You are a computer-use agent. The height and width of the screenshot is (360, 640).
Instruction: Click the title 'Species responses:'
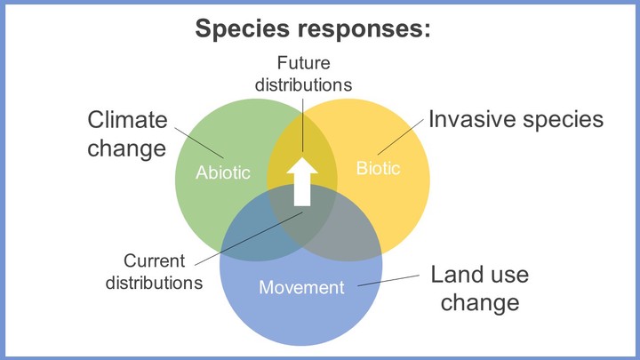(313, 29)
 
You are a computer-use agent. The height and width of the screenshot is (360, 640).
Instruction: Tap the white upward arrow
(302, 181)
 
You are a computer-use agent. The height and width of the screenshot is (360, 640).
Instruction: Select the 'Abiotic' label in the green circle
(223, 172)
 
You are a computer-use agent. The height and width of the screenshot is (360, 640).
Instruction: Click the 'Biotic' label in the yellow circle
(378, 168)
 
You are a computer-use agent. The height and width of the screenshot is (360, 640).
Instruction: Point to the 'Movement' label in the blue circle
(301, 287)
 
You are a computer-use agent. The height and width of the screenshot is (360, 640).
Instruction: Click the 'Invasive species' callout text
(516, 120)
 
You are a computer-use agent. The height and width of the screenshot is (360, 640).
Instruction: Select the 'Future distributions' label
(303, 74)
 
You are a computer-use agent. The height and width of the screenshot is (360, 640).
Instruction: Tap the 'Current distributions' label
(154, 272)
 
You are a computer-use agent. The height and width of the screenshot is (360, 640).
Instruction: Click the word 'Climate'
(127, 120)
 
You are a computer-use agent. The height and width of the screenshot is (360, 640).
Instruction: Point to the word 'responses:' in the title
(364, 29)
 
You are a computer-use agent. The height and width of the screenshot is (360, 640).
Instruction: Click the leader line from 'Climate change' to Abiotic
(199, 142)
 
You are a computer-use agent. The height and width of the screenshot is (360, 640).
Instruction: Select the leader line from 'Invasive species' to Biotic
(400, 137)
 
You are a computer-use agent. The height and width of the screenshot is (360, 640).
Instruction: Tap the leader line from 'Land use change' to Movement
(388, 280)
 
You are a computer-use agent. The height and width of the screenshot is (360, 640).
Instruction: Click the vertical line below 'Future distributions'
(302, 125)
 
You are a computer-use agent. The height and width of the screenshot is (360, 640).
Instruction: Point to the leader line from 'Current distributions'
(249, 239)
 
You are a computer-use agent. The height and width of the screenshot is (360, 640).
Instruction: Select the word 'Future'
(304, 63)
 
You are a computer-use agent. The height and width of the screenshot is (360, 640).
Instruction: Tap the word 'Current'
(155, 260)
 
